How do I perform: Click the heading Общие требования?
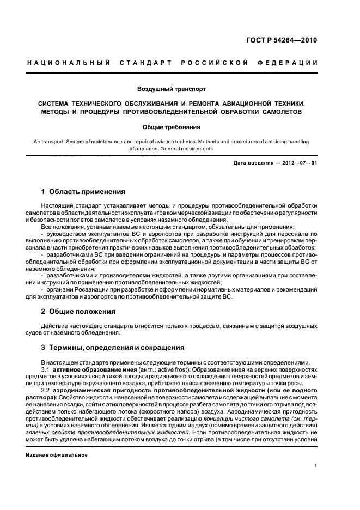172,127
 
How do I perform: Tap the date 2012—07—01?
297,163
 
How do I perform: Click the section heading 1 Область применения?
83,192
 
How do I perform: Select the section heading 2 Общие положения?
78,312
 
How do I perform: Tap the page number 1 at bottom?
316,466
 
